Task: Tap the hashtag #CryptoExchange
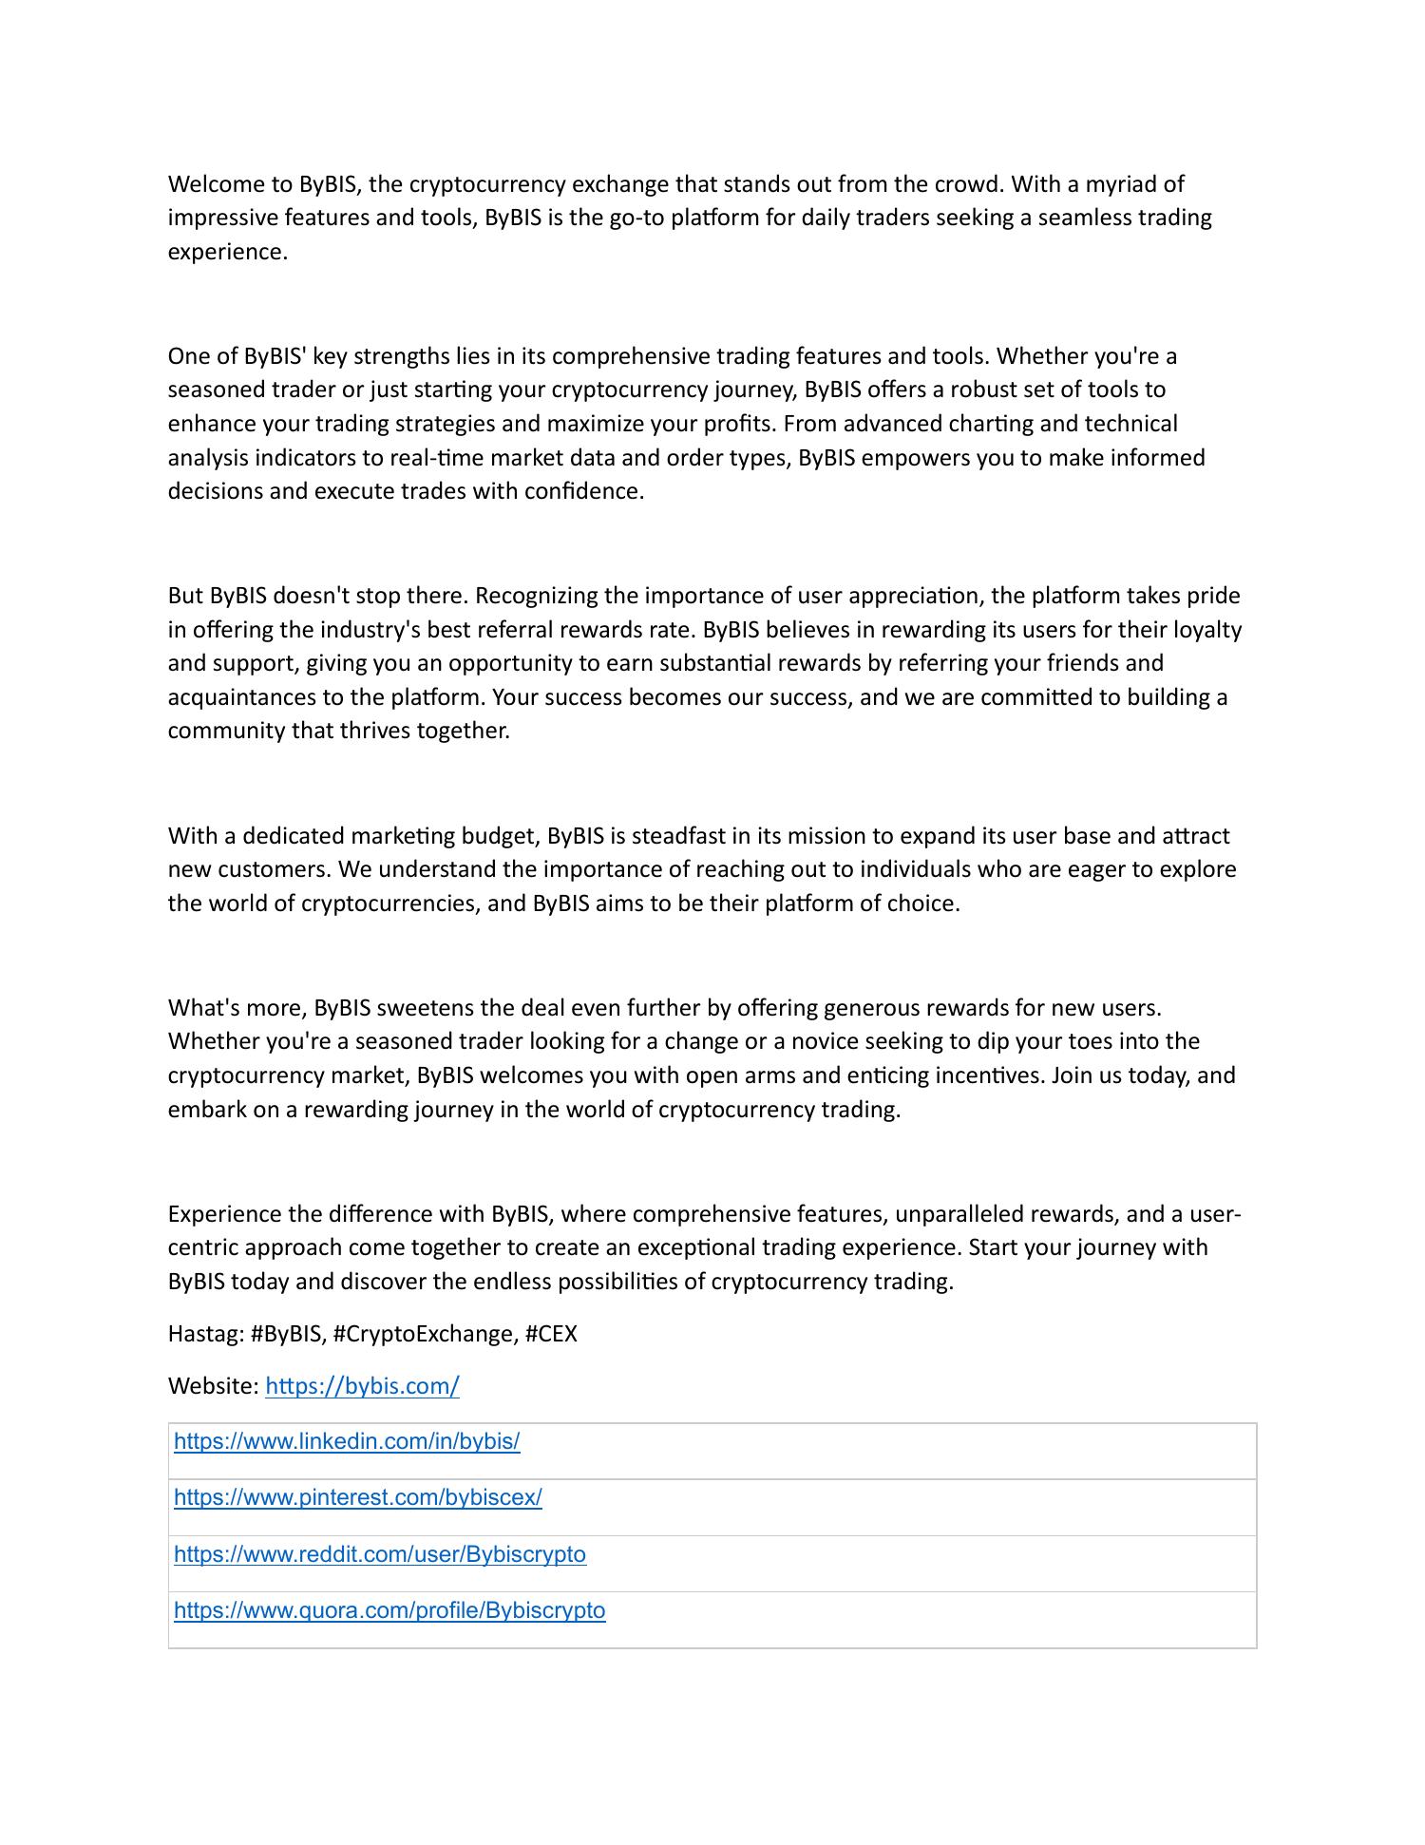[x=425, y=1334]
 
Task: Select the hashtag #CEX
[x=551, y=1334]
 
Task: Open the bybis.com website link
[x=362, y=1386]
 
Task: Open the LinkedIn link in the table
[x=347, y=1441]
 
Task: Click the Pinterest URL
[x=357, y=1497]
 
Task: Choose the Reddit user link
[x=380, y=1554]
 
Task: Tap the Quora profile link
[x=389, y=1610]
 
